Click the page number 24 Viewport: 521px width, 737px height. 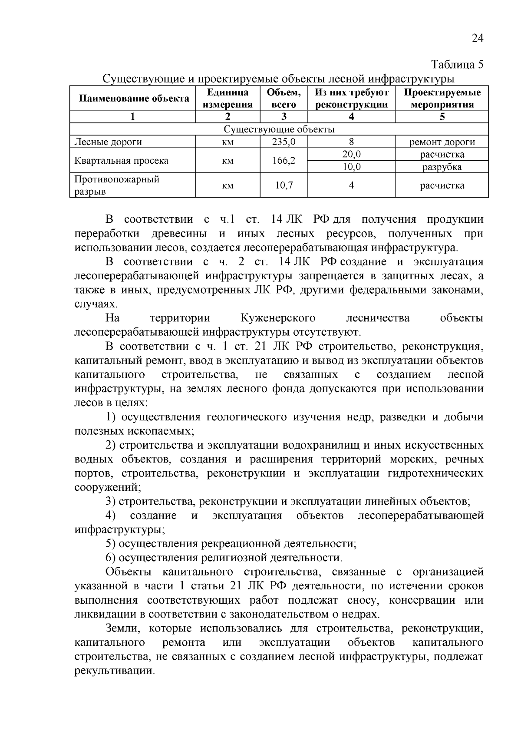pos(477,39)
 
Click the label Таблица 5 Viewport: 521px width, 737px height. pos(457,65)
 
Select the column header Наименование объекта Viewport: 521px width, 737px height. pos(134,99)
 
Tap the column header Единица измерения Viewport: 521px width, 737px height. pos(228,99)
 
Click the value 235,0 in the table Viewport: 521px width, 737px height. pos(284,142)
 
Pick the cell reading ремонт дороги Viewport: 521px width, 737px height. pos(442,142)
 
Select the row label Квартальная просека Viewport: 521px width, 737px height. pos(121,161)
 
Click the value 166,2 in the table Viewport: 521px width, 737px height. pos(284,161)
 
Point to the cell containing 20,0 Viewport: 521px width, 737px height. pos(351,155)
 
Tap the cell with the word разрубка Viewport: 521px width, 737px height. pos(442,167)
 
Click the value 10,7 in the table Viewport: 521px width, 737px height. pos(284,185)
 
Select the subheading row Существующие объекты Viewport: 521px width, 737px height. pos(279,129)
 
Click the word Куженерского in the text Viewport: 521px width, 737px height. pos(278,318)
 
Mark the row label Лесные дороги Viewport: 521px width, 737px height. pos(108,142)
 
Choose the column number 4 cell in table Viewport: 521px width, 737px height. pos(351,117)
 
